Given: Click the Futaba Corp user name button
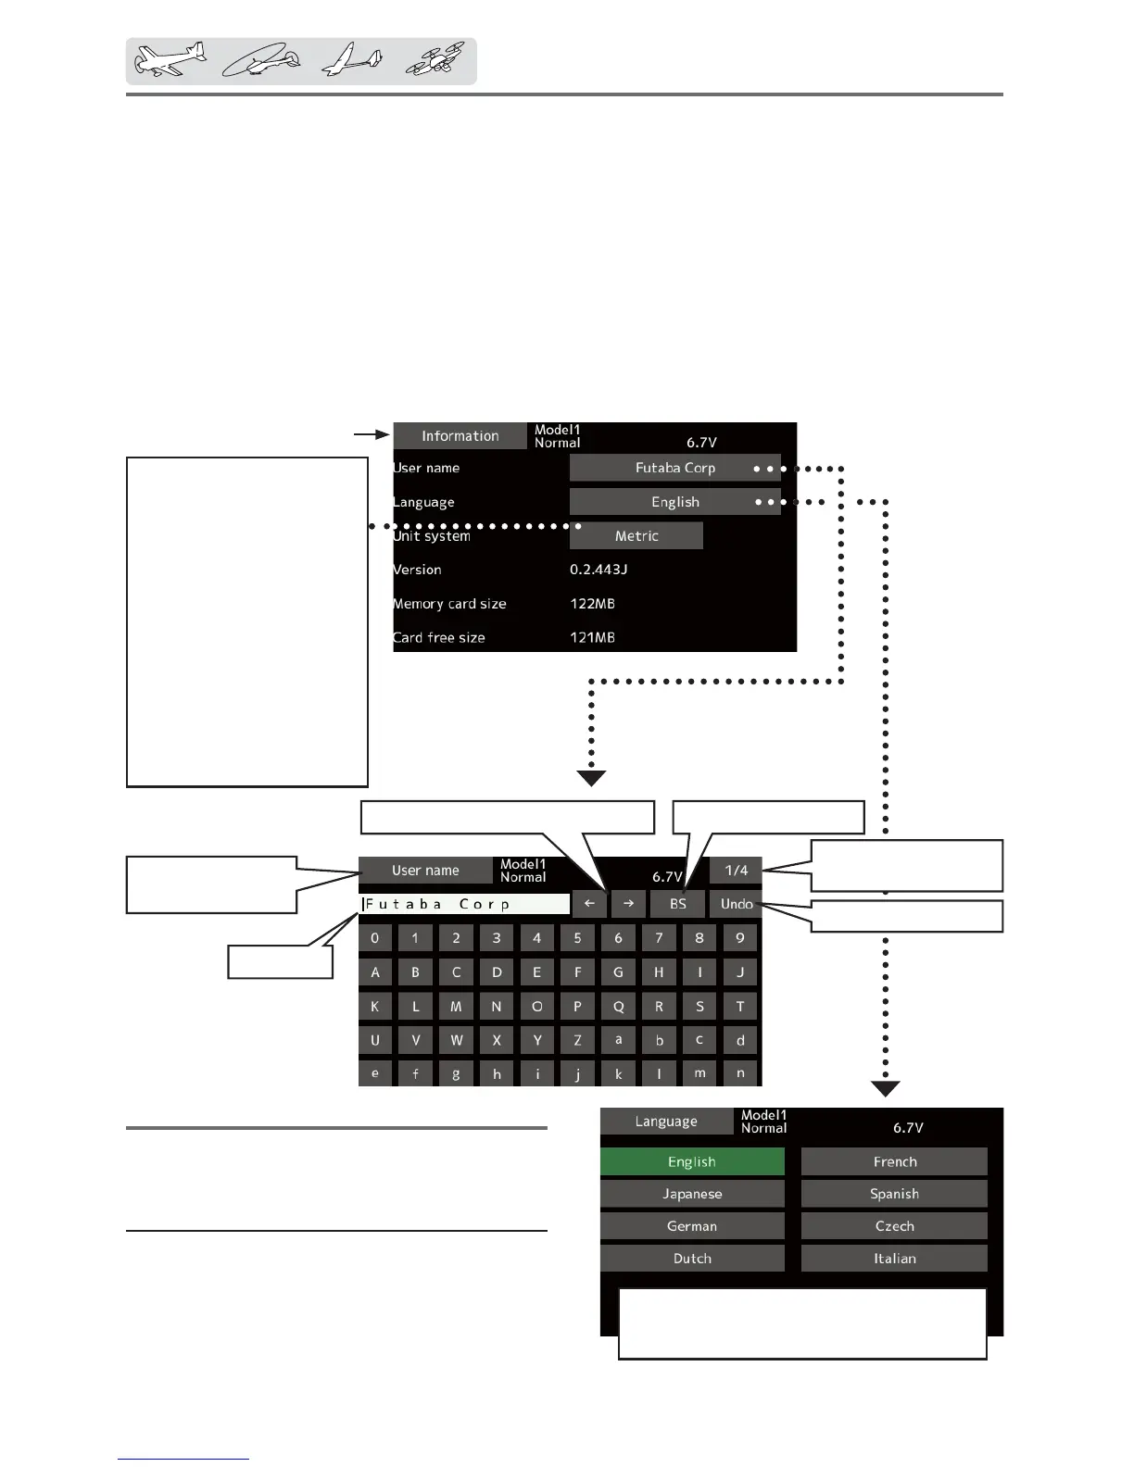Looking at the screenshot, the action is tap(674, 468).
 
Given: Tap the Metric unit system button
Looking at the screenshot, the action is tap(636, 535).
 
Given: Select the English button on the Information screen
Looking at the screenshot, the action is tap(674, 502).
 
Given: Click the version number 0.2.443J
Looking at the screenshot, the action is tap(598, 570).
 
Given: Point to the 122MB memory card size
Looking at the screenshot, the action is tap(592, 604).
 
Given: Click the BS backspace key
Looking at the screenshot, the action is tap(677, 904).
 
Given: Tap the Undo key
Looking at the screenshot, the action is tap(736, 904).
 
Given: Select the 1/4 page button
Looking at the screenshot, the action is tap(736, 871).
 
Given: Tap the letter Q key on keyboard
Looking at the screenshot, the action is tap(618, 1007).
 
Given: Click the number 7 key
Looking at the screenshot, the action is tap(659, 938).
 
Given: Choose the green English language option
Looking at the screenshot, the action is tap(692, 1161).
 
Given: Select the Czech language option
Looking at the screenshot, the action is tap(894, 1226).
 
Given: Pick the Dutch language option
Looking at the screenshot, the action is tap(692, 1259).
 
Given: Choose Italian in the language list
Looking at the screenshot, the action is tap(894, 1259).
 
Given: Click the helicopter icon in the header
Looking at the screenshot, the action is tap(262, 61).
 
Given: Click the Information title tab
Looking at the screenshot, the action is tap(460, 436).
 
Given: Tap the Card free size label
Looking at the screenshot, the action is tap(439, 637).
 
